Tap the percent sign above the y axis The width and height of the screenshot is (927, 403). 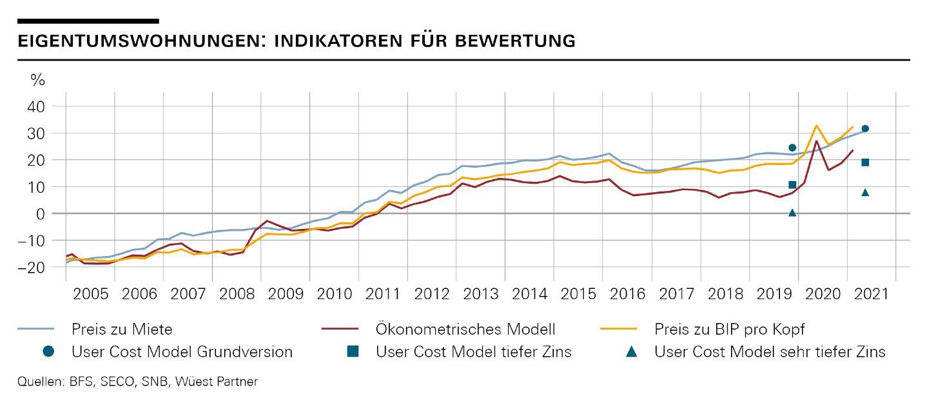pyautogui.click(x=38, y=81)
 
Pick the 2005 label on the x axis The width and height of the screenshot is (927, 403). pyautogui.click(x=90, y=294)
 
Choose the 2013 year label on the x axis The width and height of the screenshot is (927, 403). pyautogui.click(x=480, y=294)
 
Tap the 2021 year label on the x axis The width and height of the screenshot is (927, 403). pyautogui.click(x=870, y=294)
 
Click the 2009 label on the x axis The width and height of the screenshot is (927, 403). pyautogui.click(x=286, y=294)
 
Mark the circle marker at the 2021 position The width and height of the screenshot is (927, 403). pyautogui.click(x=865, y=128)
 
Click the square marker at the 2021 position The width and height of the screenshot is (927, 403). pyautogui.click(x=865, y=162)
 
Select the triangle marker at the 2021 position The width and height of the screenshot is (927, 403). pyautogui.click(x=865, y=192)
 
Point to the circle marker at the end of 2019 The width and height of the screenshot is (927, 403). pyautogui.click(x=792, y=148)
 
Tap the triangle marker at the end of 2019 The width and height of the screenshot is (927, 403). pyautogui.click(x=792, y=212)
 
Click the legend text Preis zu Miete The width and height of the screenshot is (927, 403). pyautogui.click(x=122, y=329)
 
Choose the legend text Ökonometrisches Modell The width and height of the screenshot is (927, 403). pyautogui.click(x=465, y=329)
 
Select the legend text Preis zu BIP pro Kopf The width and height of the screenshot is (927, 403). pyautogui.click(x=729, y=329)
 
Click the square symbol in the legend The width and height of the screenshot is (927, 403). pyautogui.click(x=352, y=351)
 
